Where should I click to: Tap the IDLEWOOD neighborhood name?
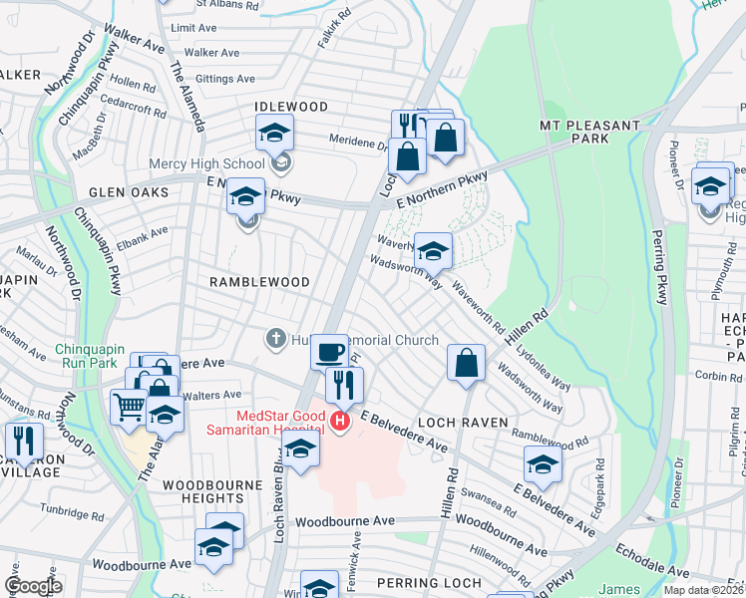[x=291, y=107]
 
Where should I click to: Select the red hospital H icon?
[x=341, y=423]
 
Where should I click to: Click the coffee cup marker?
[x=329, y=353]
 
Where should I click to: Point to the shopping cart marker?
[x=130, y=407]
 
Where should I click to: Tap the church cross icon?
[x=276, y=340]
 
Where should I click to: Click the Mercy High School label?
[x=206, y=163]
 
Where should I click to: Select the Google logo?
[x=33, y=586]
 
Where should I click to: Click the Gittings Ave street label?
[x=224, y=79]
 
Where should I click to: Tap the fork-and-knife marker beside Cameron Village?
[x=23, y=441]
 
